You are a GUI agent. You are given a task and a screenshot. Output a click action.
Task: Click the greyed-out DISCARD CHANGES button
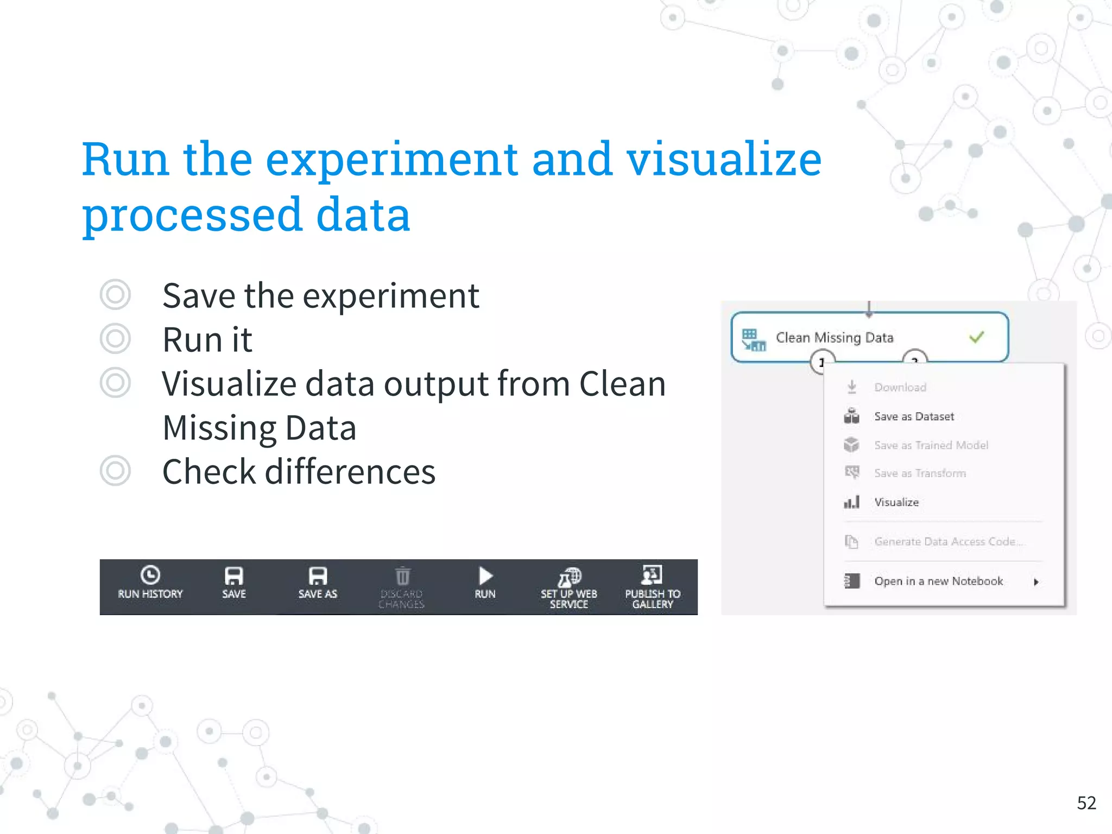click(401, 586)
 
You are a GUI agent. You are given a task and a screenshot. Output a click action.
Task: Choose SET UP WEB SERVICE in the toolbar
click(568, 586)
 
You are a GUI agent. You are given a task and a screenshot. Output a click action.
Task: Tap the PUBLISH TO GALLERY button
click(652, 586)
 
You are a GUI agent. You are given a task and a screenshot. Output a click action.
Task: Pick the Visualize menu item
click(896, 502)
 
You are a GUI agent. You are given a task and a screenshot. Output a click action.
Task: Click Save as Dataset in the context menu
click(914, 416)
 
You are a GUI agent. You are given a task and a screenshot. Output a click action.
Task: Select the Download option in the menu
click(900, 387)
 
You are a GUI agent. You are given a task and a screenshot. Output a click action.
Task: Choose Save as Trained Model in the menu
click(931, 445)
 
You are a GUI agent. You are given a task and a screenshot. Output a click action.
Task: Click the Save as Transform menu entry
click(920, 473)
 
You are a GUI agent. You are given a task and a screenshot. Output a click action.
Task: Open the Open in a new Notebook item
click(938, 581)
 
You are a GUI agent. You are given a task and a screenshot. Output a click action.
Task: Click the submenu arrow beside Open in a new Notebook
click(1036, 582)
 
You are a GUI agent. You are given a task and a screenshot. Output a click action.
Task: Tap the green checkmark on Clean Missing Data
click(976, 337)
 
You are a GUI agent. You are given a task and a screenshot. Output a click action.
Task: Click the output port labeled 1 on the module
click(822, 362)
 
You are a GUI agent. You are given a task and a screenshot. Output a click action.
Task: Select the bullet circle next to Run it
click(115, 339)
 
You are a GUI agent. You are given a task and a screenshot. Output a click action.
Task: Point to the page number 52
click(1086, 803)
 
